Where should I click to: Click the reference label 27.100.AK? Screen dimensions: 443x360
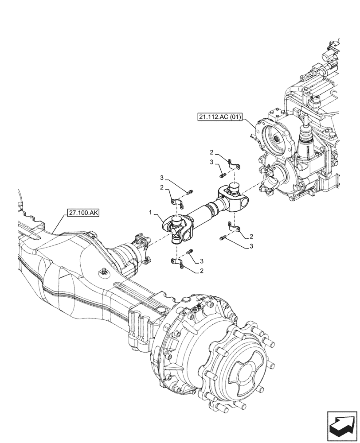tap(84, 213)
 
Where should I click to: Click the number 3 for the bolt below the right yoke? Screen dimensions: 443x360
tap(251, 246)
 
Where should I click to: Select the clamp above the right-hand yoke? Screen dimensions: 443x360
tap(234, 165)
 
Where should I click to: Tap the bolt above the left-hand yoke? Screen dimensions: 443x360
tap(190, 192)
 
